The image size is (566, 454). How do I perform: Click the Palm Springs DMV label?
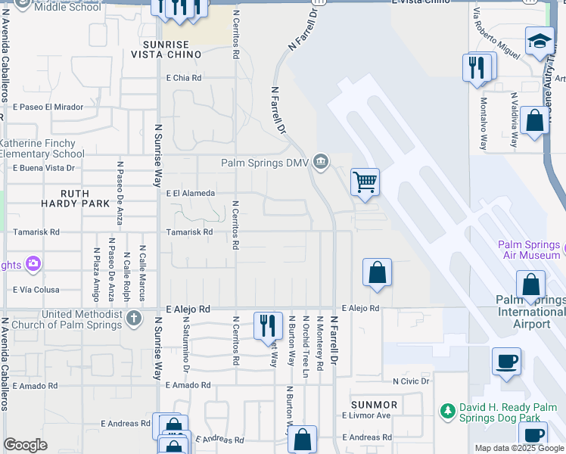266,162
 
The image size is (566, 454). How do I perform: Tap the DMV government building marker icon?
322,161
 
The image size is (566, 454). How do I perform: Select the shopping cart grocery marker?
365,182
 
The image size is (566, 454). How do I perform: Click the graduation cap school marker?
540,42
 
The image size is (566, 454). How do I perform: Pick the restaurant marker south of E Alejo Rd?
267,325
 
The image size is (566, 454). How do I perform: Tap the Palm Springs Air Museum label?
530,251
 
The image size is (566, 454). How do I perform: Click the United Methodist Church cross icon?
134,318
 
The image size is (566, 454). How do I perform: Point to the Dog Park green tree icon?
447,411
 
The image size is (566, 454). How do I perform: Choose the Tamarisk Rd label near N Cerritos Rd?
189,232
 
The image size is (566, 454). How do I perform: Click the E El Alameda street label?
190,193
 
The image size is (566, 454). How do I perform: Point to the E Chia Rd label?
184,78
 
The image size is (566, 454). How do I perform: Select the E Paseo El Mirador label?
48,107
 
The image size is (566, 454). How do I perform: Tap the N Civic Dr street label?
411,381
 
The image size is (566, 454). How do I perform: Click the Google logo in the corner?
25,445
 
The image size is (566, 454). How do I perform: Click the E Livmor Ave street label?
365,415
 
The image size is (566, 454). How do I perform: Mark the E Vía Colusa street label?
36,290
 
